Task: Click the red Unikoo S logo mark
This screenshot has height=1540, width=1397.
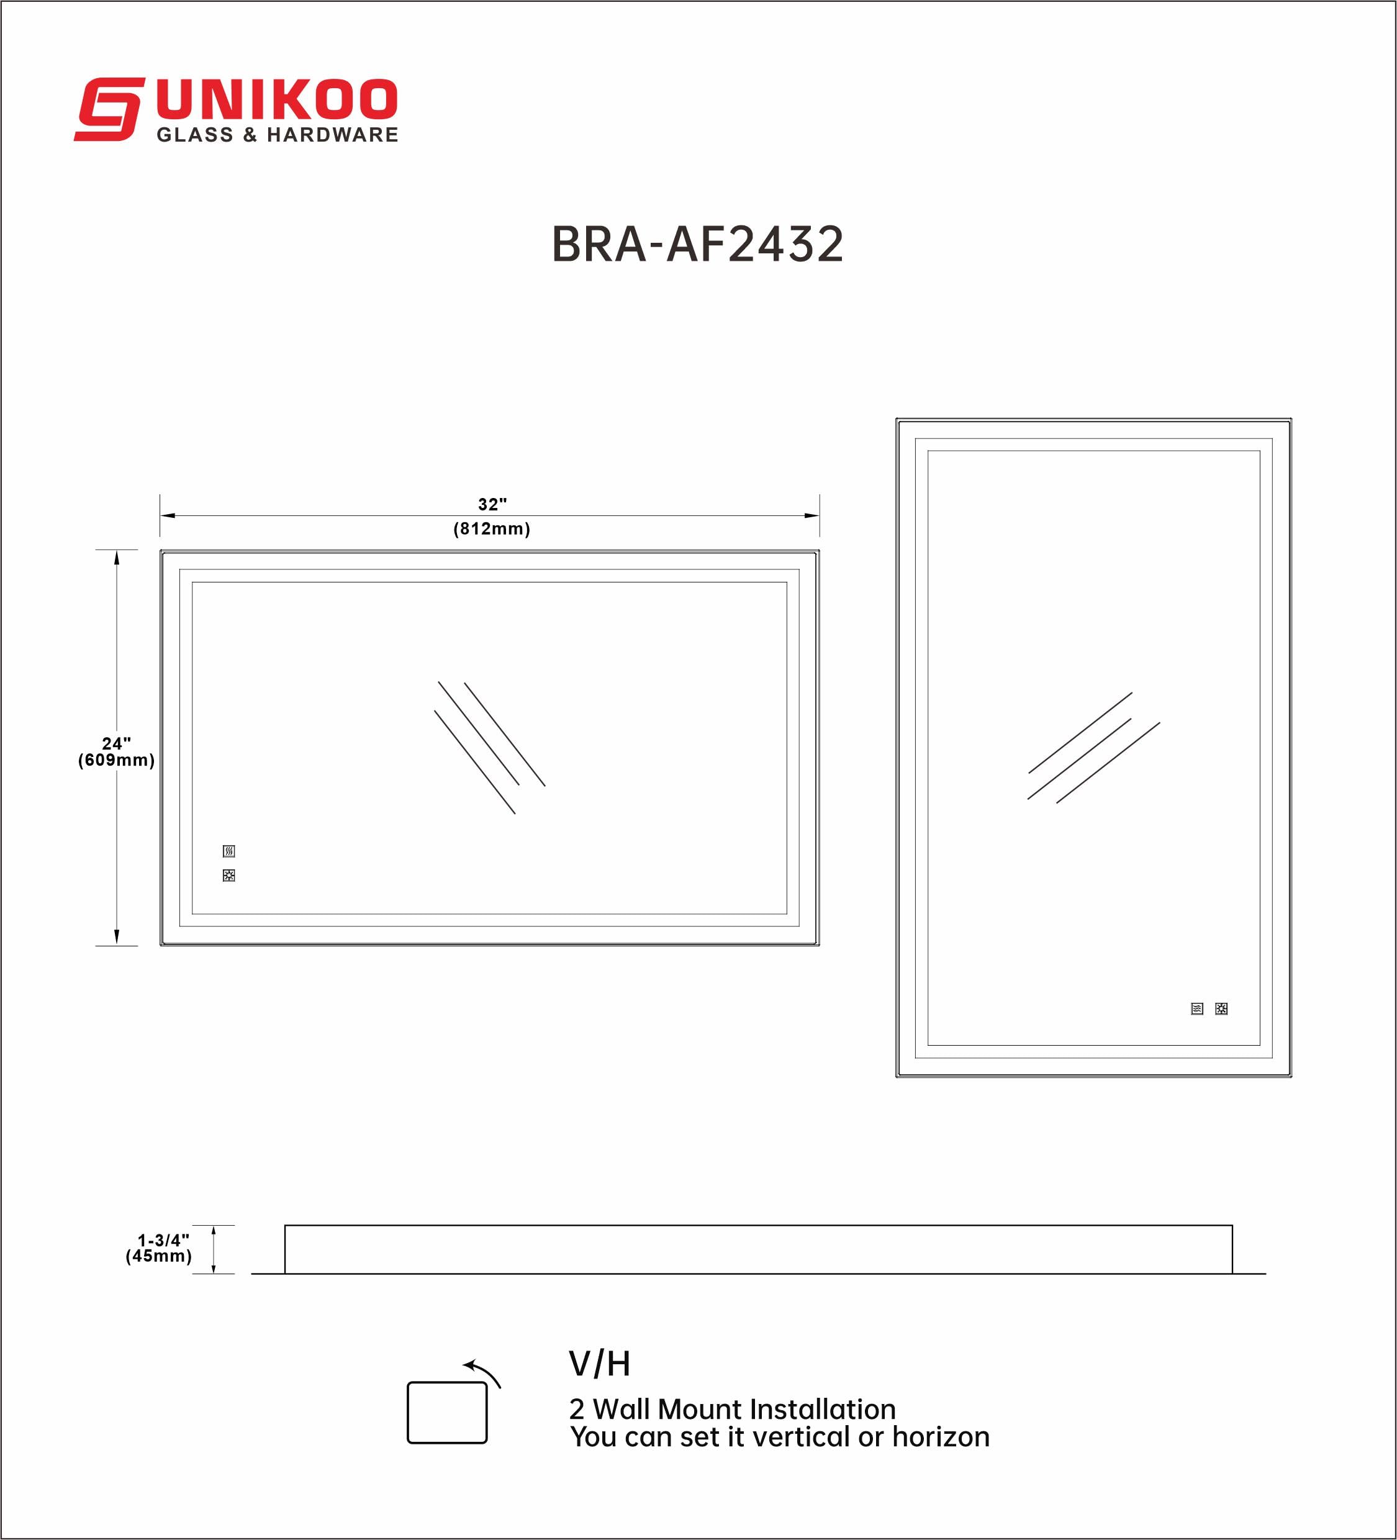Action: tap(109, 109)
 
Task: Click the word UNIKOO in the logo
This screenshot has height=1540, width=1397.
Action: tap(276, 100)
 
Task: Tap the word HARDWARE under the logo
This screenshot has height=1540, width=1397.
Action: tap(332, 135)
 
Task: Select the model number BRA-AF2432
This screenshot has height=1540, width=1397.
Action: tap(697, 245)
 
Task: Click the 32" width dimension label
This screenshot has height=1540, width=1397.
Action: tap(492, 504)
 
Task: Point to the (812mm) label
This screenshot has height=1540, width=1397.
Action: tap(491, 528)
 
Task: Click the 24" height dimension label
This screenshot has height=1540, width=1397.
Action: tap(116, 743)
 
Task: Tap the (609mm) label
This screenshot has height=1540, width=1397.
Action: tap(116, 760)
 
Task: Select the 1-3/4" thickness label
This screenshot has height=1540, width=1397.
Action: tap(163, 1240)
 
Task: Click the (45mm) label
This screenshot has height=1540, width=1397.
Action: tap(159, 1257)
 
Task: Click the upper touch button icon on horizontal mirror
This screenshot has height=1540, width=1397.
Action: tap(229, 851)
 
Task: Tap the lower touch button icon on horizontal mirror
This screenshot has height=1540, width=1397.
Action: tap(229, 876)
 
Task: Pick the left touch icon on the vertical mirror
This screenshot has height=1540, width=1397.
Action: tap(1197, 1009)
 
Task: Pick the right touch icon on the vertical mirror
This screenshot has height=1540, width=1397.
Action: tap(1221, 1009)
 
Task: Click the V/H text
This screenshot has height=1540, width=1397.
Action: tap(600, 1364)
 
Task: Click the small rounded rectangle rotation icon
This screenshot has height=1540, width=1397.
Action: tap(447, 1413)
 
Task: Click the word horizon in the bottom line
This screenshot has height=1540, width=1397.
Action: tap(941, 1437)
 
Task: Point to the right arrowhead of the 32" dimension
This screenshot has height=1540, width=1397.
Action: tap(812, 515)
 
